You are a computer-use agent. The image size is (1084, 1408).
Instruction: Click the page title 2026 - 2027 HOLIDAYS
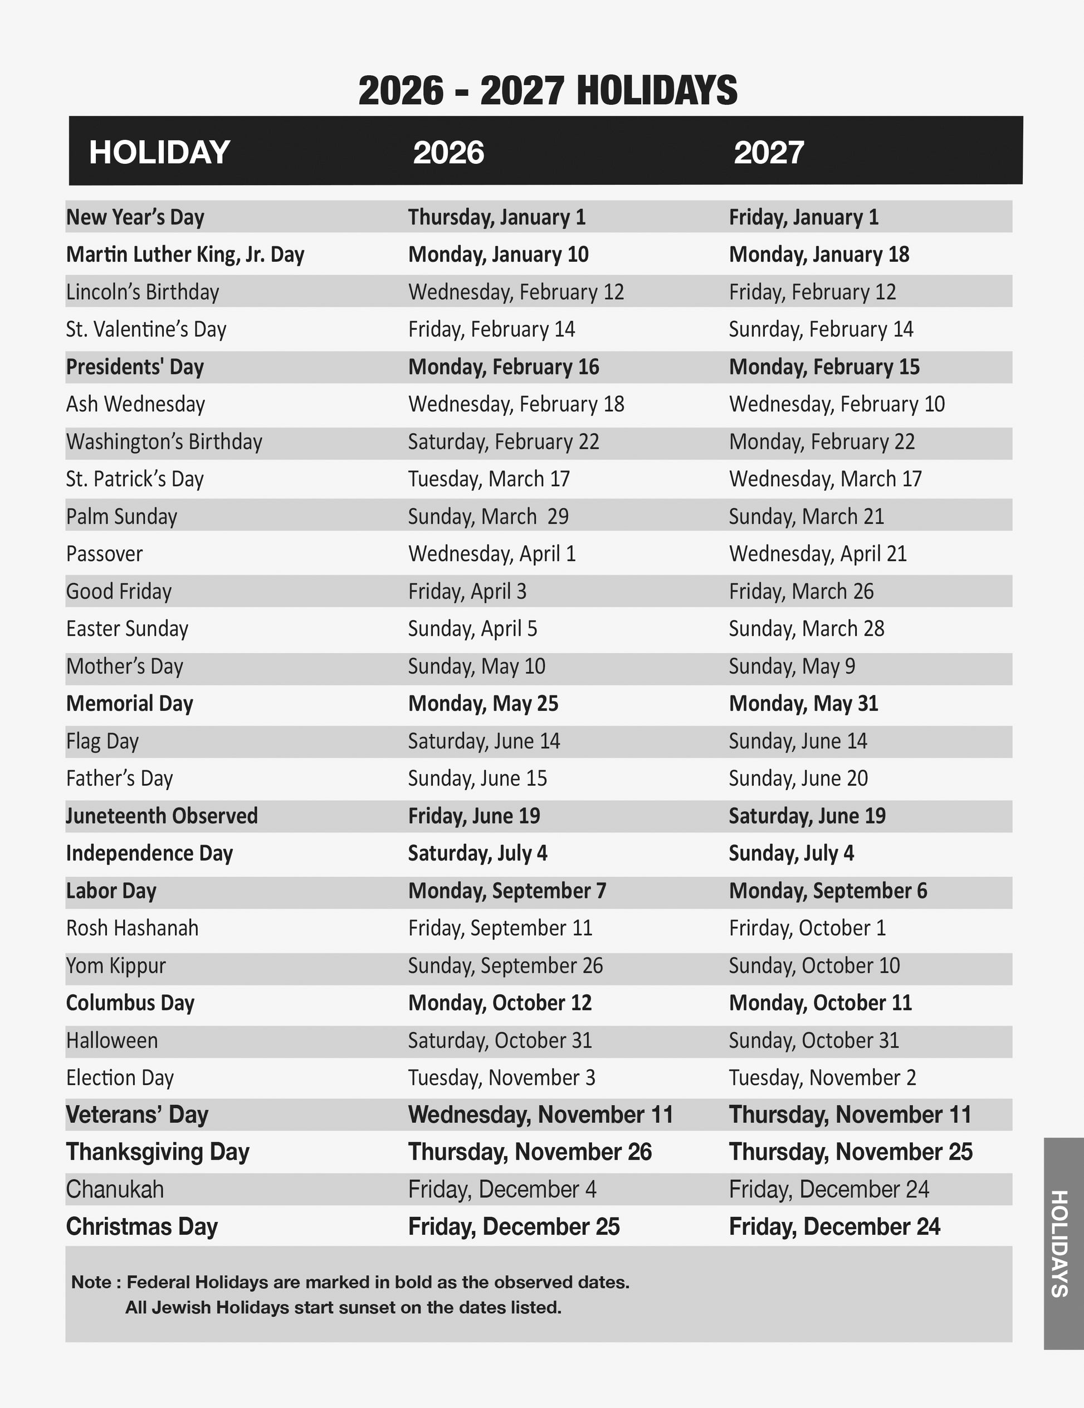tap(548, 90)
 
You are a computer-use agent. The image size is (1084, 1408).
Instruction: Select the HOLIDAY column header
tap(159, 152)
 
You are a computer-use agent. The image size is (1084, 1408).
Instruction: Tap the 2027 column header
tap(768, 153)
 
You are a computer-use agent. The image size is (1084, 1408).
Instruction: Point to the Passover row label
tap(105, 554)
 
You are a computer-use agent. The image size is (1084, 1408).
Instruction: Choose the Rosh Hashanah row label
tap(132, 928)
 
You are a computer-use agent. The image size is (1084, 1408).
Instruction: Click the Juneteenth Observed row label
tap(162, 816)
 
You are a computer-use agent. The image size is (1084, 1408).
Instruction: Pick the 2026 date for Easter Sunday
tap(472, 629)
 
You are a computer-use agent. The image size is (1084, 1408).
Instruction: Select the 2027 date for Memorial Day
tap(803, 703)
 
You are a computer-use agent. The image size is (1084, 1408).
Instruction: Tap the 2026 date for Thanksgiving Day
tap(529, 1152)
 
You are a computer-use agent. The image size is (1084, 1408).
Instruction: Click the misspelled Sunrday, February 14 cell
tap(821, 329)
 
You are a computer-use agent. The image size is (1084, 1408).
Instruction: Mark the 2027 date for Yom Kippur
tap(814, 966)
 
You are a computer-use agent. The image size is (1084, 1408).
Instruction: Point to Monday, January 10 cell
tap(498, 255)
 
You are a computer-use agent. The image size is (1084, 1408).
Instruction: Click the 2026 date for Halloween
tap(500, 1040)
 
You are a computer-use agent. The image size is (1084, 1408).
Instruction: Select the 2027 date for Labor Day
tap(828, 891)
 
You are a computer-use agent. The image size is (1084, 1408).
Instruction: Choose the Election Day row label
tap(120, 1078)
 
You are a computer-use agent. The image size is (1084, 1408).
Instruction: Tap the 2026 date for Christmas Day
tap(513, 1227)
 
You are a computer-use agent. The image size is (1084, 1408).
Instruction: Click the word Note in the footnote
tap(91, 1282)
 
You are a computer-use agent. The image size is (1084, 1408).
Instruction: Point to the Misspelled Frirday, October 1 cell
tap(807, 928)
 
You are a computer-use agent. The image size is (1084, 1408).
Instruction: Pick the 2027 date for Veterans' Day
tap(850, 1114)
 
